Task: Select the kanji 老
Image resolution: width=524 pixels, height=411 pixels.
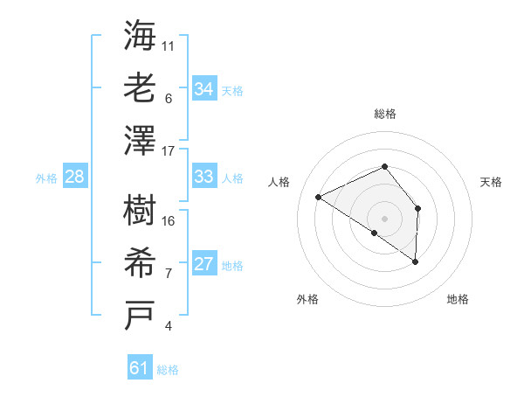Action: point(141,89)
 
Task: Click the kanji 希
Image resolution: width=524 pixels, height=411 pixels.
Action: point(141,263)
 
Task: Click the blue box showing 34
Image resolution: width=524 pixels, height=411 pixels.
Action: point(204,88)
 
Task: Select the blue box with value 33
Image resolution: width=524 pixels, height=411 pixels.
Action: point(204,177)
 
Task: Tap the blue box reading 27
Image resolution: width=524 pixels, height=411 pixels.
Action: point(204,264)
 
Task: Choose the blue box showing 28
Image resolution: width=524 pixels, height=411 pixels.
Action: point(75,177)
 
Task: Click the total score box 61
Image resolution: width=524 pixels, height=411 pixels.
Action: point(140,368)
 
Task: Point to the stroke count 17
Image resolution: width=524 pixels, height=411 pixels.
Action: point(169,151)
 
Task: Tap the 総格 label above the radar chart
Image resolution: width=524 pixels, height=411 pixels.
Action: point(384,114)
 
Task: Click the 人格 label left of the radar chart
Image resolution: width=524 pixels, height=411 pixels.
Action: point(279,182)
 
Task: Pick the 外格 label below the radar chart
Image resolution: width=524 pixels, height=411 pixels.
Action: point(307,299)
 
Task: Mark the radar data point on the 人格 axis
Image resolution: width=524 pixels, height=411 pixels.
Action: point(319,198)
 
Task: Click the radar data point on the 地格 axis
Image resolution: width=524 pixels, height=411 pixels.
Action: point(416,261)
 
